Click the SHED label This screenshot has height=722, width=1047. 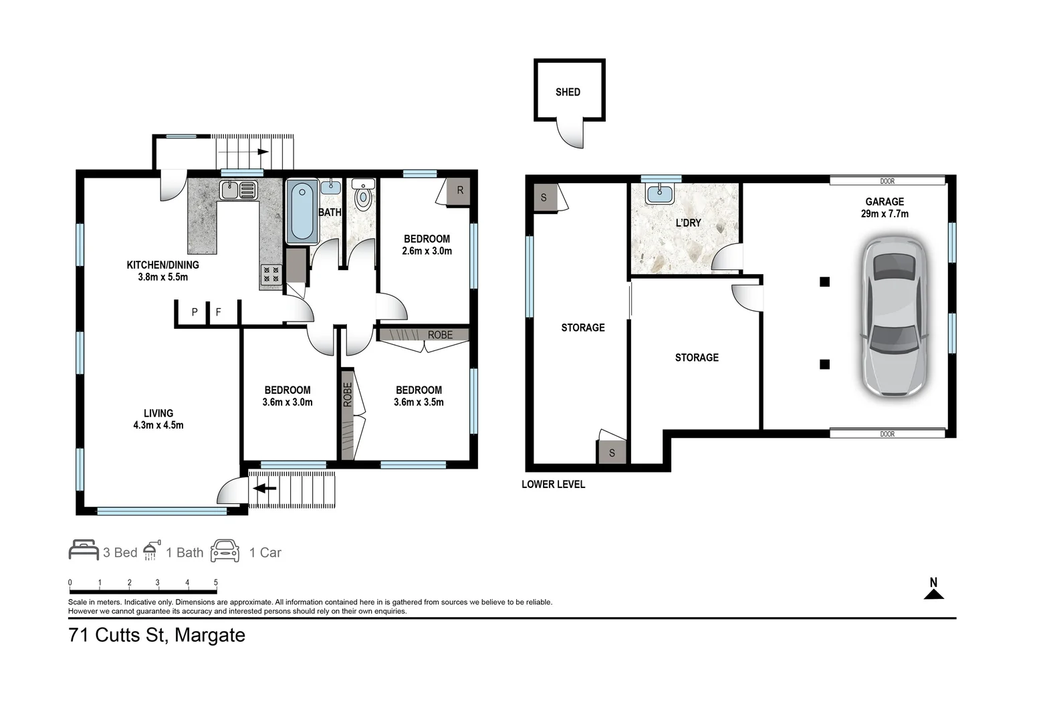tap(568, 92)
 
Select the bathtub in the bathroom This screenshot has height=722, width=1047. tap(302, 211)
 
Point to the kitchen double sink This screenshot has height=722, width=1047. tap(239, 190)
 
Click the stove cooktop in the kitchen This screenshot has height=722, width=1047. tap(271, 274)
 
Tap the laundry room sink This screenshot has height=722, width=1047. tap(659, 194)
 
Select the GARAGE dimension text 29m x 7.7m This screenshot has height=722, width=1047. tap(885, 214)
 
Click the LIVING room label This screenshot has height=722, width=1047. tap(158, 413)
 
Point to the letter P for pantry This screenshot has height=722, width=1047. tap(195, 312)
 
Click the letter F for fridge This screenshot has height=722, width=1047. tap(218, 312)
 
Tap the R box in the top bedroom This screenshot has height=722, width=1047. tap(460, 191)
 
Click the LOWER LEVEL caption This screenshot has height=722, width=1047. tap(553, 484)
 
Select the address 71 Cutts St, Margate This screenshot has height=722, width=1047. tap(157, 635)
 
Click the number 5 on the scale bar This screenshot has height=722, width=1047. tap(215, 583)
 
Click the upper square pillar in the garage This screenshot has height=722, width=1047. tap(824, 282)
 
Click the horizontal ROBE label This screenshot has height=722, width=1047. tap(440, 334)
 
